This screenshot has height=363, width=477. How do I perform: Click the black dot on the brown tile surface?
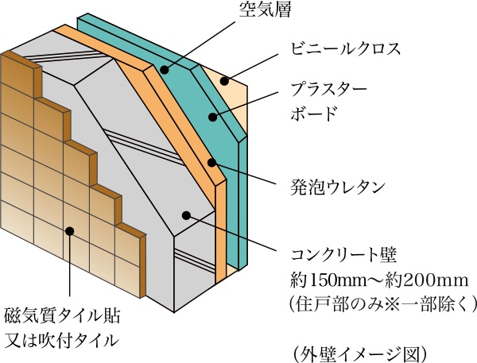click(x=70, y=232)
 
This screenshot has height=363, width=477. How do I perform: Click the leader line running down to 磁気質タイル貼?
click(x=70, y=270)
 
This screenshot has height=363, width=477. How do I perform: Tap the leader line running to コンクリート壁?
click(x=238, y=236)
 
